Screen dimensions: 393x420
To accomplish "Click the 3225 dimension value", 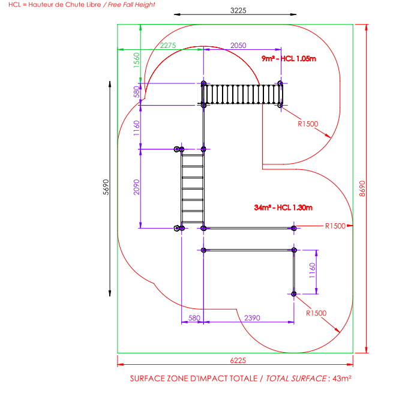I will click(x=238, y=10).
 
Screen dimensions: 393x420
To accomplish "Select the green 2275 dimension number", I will click(x=167, y=46).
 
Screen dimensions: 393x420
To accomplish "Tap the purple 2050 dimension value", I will click(x=238, y=46).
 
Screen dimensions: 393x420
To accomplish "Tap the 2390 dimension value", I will click(x=252, y=319).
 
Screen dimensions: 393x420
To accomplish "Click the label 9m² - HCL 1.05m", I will click(x=289, y=58).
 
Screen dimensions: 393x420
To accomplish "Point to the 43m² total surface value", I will click(x=341, y=379).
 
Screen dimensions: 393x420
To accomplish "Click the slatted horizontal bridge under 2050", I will click(x=242, y=94).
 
